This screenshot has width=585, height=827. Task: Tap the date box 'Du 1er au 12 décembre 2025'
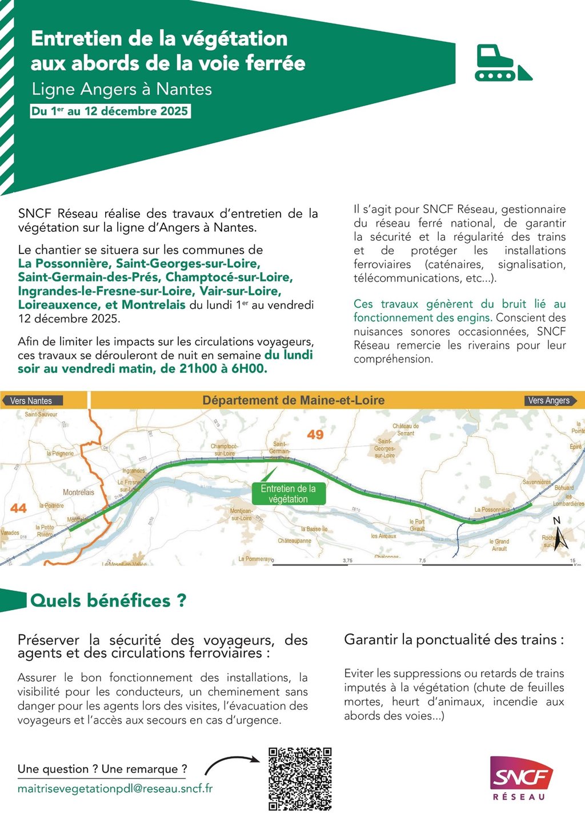coord(110,111)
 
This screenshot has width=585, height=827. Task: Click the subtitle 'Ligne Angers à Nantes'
coord(122,90)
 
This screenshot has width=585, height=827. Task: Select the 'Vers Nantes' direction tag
coord(31,401)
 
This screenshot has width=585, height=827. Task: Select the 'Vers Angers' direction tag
coord(548,401)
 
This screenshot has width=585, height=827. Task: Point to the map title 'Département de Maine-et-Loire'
coord(293,401)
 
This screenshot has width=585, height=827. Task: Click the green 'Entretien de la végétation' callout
coord(288,494)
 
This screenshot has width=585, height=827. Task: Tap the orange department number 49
coord(315,434)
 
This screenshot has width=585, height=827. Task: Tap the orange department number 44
coord(18,508)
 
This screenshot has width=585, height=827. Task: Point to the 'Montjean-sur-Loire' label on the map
coord(241,514)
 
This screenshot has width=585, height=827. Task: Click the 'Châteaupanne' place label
coord(294,540)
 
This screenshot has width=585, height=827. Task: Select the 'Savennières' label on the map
coord(536,482)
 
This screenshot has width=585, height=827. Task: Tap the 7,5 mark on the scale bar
coord(422,561)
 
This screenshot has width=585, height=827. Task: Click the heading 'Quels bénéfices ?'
coord(108,600)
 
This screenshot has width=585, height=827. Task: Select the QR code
coord(300,778)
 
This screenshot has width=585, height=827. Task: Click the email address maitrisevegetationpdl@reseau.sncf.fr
coord(115,789)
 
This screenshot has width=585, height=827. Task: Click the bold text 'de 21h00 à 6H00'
coord(214,369)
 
